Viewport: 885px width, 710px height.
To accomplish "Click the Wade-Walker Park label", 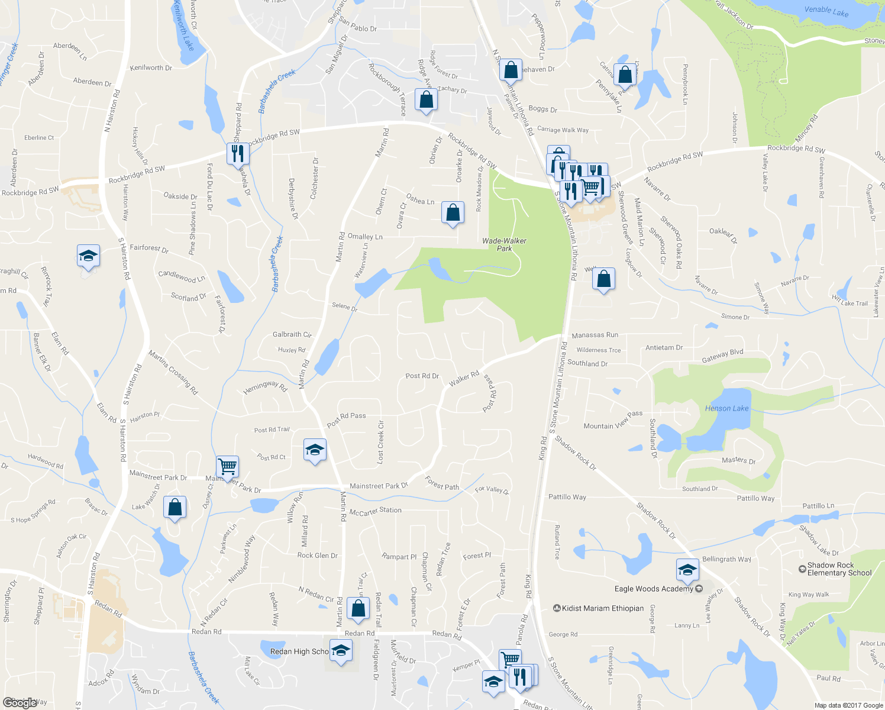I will (x=504, y=244).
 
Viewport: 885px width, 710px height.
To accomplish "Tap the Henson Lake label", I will (x=726, y=408).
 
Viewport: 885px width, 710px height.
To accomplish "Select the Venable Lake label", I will (x=826, y=11).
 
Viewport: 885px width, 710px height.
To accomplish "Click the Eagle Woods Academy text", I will (x=653, y=589).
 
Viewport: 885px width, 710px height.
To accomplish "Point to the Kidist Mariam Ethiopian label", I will (x=602, y=608).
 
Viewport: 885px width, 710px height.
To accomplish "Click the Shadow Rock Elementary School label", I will (x=839, y=569).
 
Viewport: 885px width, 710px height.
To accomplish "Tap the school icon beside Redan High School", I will (x=340, y=651).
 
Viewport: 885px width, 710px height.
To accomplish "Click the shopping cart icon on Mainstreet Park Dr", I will (x=227, y=466).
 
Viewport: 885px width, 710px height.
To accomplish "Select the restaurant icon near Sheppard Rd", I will (x=237, y=153).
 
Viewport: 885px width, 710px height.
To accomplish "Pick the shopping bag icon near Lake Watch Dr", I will (x=175, y=507).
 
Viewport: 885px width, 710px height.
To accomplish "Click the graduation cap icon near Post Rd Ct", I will (x=315, y=450).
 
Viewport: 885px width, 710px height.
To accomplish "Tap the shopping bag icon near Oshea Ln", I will (x=453, y=212).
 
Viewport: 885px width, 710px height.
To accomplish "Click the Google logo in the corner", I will (x=20, y=702).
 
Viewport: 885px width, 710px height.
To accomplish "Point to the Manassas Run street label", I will (x=595, y=335).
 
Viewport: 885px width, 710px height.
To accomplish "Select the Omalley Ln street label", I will (x=365, y=237).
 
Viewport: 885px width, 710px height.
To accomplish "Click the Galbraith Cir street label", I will (x=292, y=335).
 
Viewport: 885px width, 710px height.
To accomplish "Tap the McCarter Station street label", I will (x=375, y=511).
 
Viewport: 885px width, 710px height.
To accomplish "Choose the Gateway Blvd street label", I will (x=722, y=356).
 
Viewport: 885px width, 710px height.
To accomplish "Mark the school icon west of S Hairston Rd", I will (x=88, y=256).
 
